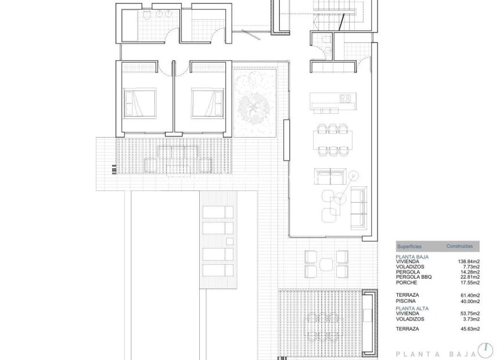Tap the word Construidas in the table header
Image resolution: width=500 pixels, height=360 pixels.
[459, 247]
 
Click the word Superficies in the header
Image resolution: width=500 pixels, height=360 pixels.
[409, 247]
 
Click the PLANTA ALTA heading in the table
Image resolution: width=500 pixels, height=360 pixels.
[412, 308]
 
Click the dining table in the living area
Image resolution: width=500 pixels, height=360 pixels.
[333, 139]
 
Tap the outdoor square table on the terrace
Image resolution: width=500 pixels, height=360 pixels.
[326, 263]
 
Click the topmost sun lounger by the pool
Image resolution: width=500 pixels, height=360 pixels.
[218, 211]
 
